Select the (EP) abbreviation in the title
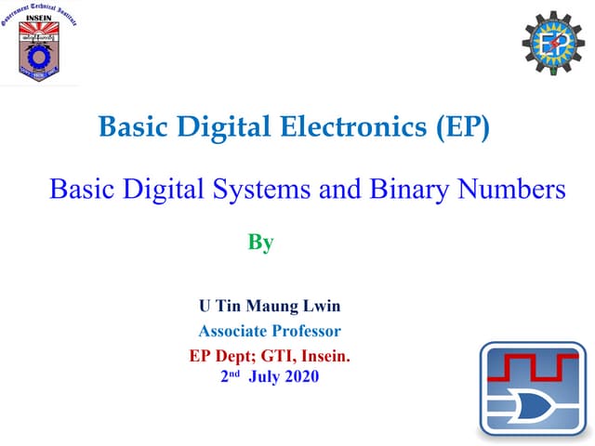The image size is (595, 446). (462, 127)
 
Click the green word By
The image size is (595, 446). (260, 243)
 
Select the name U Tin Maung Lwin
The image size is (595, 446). (271, 306)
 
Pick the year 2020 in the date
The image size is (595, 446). (301, 376)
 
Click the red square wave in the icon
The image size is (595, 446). (534, 366)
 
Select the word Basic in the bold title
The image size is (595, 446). (127, 127)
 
